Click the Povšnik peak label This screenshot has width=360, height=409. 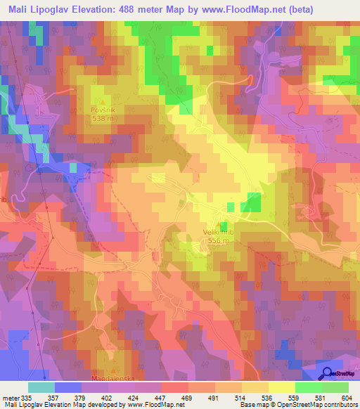102,110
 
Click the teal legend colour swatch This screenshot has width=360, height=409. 42,387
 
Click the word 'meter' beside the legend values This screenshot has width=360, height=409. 10,397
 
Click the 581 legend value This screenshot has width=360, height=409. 323,397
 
